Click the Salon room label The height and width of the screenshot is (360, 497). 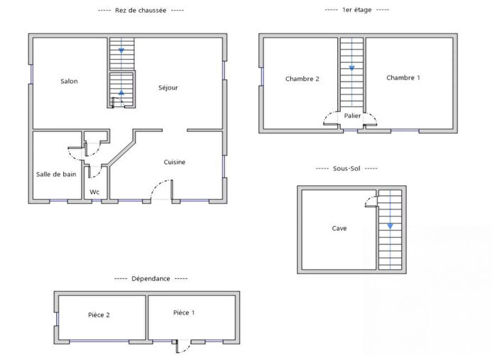pos(69,81)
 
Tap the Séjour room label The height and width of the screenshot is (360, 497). pos(168,87)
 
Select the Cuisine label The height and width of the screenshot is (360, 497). pos(175,162)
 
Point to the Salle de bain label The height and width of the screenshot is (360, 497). pos(56,174)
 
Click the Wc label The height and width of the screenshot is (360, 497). pos(94,192)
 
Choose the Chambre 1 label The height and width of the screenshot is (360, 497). pos(403,77)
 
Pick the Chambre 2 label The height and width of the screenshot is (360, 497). pos(302,79)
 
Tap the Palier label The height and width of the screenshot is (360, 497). pos(352,115)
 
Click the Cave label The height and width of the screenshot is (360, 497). pos(339,228)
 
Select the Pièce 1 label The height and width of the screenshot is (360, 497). pos(183,312)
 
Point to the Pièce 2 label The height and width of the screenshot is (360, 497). pos(99,315)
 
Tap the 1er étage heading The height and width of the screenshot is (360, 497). pos(356,10)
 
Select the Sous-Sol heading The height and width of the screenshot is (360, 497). pos(346,168)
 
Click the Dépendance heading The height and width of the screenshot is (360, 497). pos(151,278)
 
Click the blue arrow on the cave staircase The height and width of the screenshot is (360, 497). pos(390,226)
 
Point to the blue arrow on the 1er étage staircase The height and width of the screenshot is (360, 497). pos(351,68)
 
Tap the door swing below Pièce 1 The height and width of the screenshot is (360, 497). pos(183,347)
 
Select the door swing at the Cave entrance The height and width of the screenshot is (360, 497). pos(370,201)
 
